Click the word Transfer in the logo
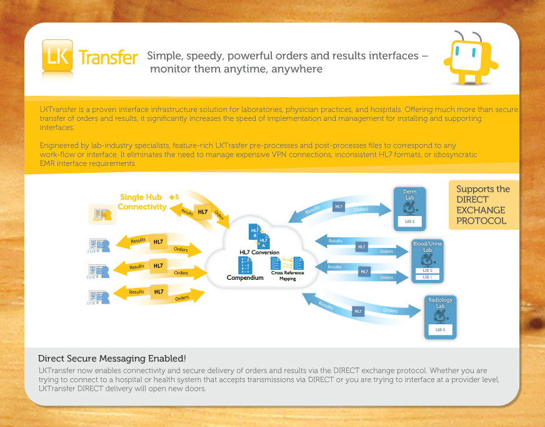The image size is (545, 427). pyautogui.click(x=108, y=58)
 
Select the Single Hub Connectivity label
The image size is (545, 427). pyautogui.click(x=142, y=202)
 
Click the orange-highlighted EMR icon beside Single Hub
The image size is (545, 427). pyautogui.click(x=102, y=214)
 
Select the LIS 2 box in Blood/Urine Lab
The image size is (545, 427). pyautogui.click(x=427, y=277)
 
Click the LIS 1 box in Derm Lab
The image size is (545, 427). pyautogui.click(x=409, y=222)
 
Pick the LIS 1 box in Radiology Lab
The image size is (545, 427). pyautogui.click(x=440, y=330)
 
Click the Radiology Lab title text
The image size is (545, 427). pyautogui.click(x=441, y=303)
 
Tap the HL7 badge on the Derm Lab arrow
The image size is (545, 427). pyautogui.click(x=338, y=206)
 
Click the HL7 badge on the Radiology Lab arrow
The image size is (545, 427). pyautogui.click(x=358, y=311)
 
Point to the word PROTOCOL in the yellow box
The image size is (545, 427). pyautogui.click(x=481, y=221)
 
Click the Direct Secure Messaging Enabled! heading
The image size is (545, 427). pyautogui.click(x=112, y=359)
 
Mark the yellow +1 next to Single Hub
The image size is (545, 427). pyautogui.click(x=174, y=197)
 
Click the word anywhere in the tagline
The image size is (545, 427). pyautogui.click(x=297, y=69)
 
